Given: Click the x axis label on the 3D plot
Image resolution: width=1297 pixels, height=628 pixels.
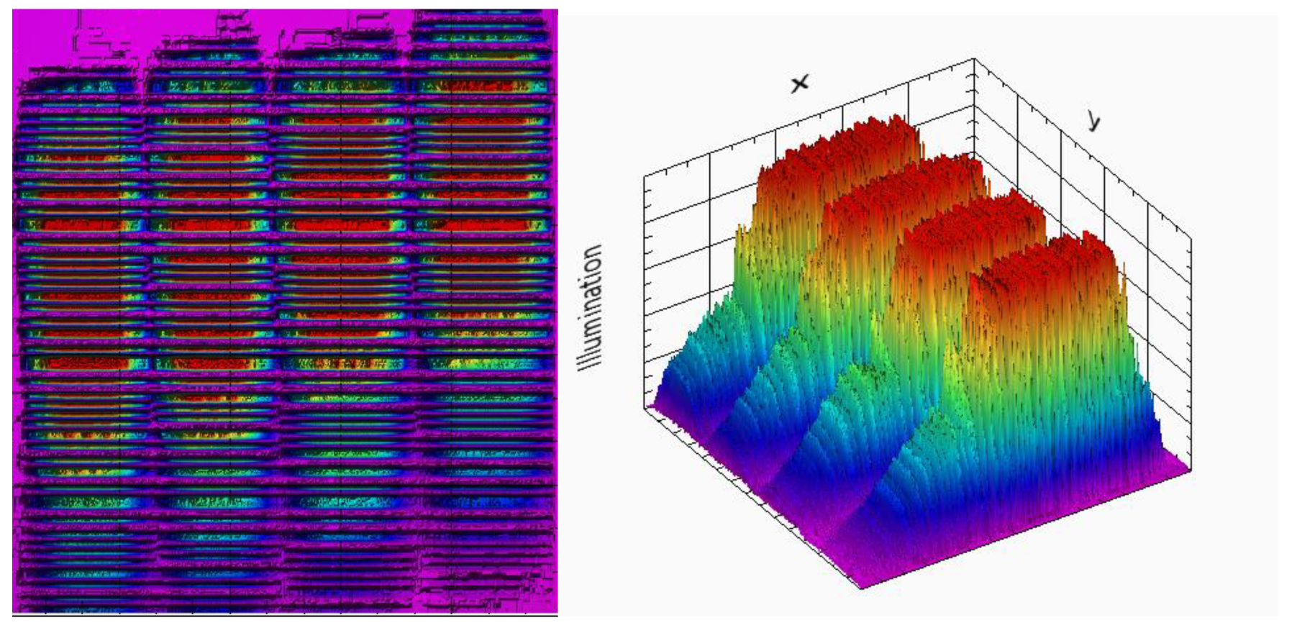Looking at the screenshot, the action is point(799,83).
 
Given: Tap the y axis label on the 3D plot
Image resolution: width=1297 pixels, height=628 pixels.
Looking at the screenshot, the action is point(1093,121).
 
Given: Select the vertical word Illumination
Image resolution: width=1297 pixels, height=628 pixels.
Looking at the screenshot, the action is point(591,308).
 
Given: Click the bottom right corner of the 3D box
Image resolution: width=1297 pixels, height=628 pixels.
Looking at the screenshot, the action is point(1190,470).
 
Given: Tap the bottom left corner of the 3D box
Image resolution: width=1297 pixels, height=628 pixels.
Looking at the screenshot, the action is point(645,408).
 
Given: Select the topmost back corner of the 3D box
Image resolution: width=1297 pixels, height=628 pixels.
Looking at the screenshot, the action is point(974,59).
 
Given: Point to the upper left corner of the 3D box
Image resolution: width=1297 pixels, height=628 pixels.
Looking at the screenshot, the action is point(645,175).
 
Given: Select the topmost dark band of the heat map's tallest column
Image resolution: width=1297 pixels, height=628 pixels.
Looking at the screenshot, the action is point(478,15).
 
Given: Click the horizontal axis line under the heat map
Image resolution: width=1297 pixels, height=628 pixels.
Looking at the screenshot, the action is point(285,615).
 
